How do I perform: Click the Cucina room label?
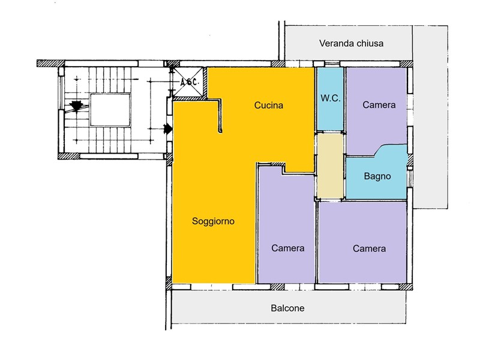268,106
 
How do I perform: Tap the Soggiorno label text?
213,221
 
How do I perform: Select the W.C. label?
331,98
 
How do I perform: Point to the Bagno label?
377,176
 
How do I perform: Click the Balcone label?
287,308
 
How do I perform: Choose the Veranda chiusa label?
351,43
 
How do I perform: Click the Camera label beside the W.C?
379,104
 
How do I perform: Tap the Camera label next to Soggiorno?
288,248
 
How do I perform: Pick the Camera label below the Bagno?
369,248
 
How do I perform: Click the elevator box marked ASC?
188,82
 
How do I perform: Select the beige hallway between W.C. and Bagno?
330,166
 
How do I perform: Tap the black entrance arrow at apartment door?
168,129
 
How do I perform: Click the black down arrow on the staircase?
76,107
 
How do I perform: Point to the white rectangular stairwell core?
110,110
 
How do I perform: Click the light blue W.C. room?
330,99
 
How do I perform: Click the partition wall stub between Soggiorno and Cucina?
220,116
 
